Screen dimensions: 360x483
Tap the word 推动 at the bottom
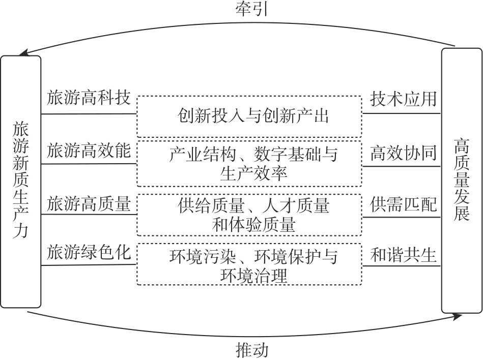pyautogui.click(x=251, y=350)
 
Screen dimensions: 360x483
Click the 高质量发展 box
pyautogui.click(x=462, y=181)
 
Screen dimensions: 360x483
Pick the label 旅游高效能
pyautogui.click(x=89, y=152)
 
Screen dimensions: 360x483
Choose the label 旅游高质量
pyautogui.click(x=89, y=205)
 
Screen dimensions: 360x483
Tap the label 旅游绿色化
pyautogui.click(x=89, y=253)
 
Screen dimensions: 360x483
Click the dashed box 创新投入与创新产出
pyautogui.click(x=253, y=116)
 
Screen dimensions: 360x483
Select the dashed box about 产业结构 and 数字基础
pyautogui.click(x=253, y=164)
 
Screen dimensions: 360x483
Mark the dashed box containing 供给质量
pyautogui.click(x=253, y=215)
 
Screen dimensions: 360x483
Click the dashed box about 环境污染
pyautogui.click(x=253, y=264)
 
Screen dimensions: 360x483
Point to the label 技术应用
pyautogui.click(x=403, y=99)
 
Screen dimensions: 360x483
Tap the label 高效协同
pyautogui.click(x=403, y=152)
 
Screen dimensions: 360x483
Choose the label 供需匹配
pyautogui.click(x=403, y=205)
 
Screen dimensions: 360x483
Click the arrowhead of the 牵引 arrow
pyautogui.click(x=21, y=53)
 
